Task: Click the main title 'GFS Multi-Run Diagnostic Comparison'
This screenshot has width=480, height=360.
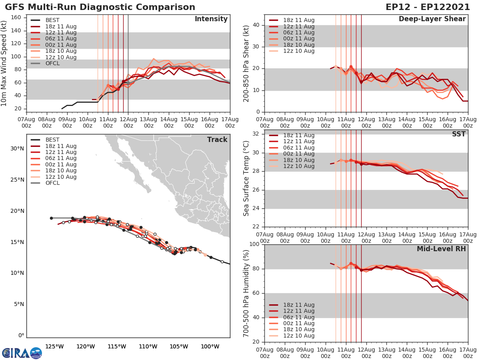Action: [x=100, y=7]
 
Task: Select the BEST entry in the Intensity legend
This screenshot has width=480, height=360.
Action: [x=52, y=20]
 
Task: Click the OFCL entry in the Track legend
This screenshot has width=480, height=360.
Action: [x=52, y=183]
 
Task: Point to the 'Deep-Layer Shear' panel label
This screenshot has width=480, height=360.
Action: [x=432, y=19]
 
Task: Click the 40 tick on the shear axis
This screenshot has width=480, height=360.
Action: [x=257, y=25]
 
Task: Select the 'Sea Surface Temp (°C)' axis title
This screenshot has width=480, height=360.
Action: [x=246, y=178]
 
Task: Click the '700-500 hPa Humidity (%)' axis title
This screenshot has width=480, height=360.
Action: [x=246, y=293]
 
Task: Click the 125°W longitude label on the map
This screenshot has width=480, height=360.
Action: [x=55, y=346]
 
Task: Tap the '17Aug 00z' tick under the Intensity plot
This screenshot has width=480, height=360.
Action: [x=230, y=122]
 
